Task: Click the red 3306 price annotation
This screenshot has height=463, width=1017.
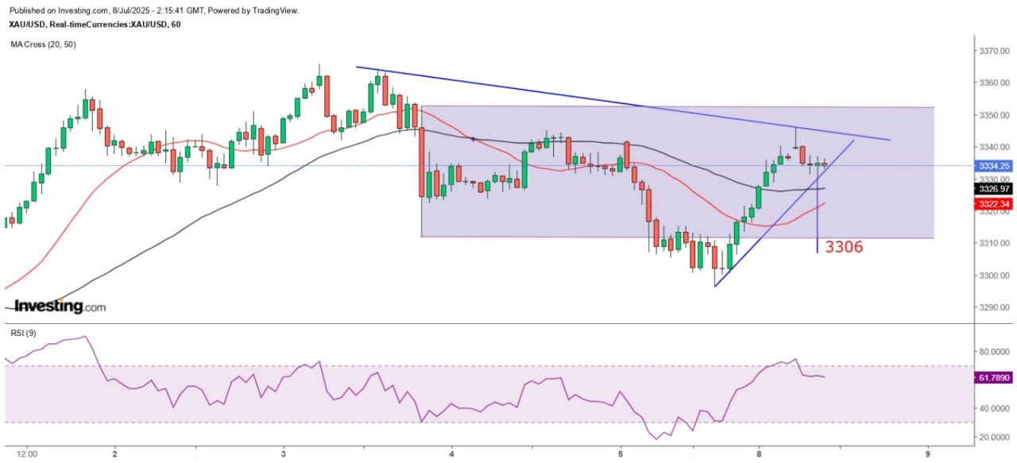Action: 844,247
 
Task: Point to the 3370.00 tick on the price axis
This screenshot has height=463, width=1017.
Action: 993,51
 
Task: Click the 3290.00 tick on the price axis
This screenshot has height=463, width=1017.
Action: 993,307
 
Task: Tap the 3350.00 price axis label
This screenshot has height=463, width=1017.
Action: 993,115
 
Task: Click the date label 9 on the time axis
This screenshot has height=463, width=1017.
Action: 927,453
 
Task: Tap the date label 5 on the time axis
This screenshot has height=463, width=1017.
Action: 621,453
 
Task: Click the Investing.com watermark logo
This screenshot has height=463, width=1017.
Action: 60,306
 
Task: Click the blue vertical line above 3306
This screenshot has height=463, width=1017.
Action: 818,214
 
